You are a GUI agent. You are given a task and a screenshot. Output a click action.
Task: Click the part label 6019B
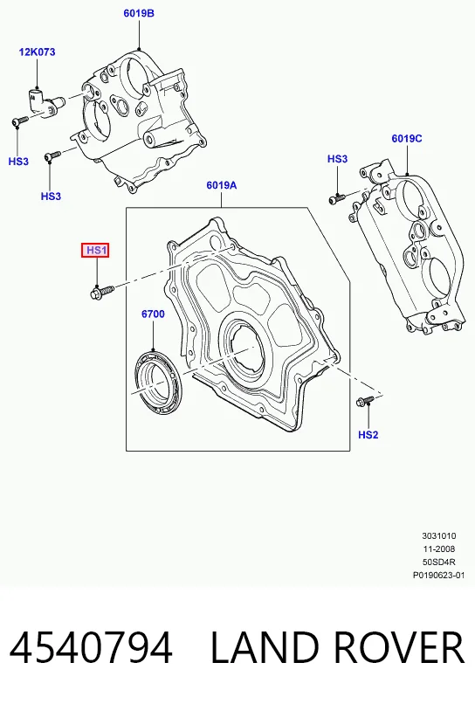point(139,13)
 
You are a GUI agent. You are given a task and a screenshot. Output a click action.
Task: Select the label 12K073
point(37,52)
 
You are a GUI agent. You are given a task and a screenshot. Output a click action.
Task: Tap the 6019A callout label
point(221,185)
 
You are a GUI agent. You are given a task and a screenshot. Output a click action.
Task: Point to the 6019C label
point(407,139)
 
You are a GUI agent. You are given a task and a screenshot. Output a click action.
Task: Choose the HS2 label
point(368,435)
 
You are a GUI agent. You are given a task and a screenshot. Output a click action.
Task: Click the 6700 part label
point(153,314)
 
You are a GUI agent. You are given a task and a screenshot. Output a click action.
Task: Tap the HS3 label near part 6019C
point(337,159)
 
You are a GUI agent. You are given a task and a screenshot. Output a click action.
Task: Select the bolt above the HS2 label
point(365,401)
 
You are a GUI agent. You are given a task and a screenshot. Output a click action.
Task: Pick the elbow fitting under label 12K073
point(43,104)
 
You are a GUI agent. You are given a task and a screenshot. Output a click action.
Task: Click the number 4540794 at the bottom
point(91,647)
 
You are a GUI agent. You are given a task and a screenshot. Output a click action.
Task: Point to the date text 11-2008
point(438,549)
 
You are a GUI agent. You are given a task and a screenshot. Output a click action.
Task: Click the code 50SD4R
point(438,562)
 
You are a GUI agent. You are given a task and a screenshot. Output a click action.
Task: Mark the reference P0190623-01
point(438,575)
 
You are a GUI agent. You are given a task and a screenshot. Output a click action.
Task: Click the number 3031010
point(438,535)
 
